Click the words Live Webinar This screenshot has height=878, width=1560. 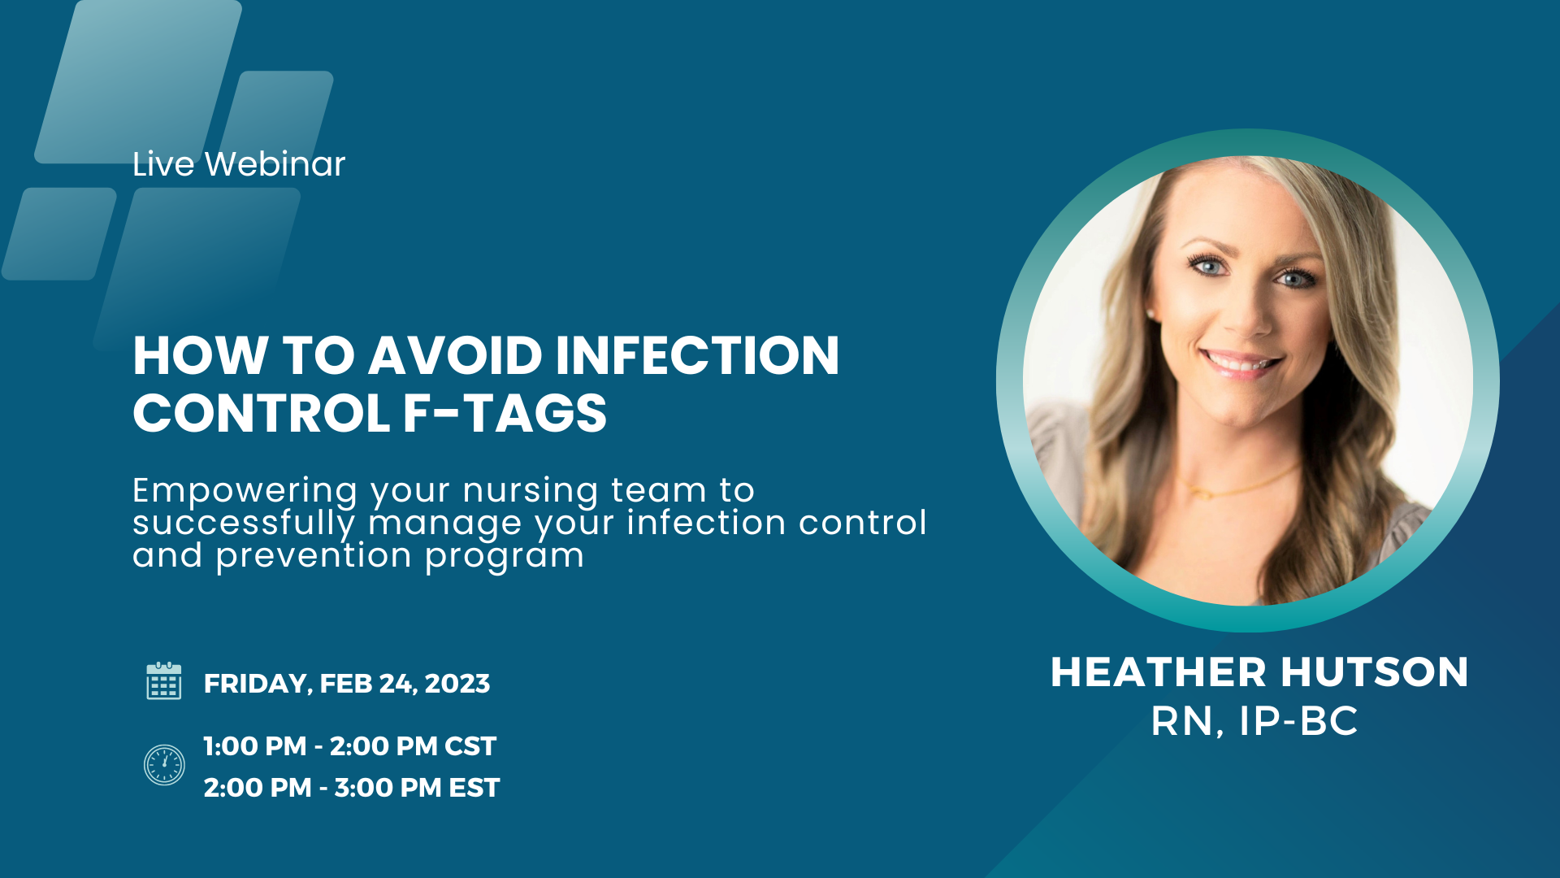point(239,163)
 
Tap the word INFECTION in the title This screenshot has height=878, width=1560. point(697,355)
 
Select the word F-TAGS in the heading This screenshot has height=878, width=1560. point(505,413)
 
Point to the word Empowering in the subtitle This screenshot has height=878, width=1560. point(245,492)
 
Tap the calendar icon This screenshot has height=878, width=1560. point(163,680)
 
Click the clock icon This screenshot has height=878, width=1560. point(164,765)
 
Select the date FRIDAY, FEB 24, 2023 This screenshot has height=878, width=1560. point(347,684)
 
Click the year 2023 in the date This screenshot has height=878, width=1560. point(457,684)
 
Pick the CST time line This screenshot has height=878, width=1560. point(350,746)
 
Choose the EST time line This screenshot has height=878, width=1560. point(352,788)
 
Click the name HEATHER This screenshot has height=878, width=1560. point(1159,672)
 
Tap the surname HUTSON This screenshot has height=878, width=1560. point(1376,672)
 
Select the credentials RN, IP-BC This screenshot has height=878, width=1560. point(1254,721)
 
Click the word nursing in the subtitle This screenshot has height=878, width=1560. point(531,492)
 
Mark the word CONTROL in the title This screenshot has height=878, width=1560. point(262,413)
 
